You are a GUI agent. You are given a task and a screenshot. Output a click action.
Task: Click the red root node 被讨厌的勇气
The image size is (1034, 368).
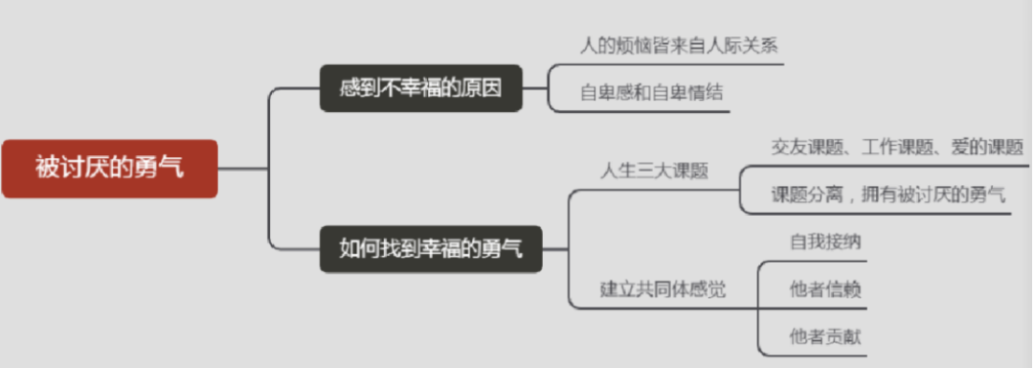click(109, 169)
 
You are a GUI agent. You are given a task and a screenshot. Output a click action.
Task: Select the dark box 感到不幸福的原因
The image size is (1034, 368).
click(422, 90)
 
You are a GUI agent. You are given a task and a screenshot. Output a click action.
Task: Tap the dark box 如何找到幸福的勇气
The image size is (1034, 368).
click(431, 247)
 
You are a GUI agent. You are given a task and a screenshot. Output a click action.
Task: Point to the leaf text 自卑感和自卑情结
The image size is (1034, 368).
click(650, 93)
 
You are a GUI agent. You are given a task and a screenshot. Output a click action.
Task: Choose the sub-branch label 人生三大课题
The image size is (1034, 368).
click(654, 172)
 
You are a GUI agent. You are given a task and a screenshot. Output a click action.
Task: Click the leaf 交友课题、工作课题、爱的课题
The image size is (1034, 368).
click(897, 147)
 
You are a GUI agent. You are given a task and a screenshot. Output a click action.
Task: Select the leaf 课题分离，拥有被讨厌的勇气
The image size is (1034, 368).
click(888, 195)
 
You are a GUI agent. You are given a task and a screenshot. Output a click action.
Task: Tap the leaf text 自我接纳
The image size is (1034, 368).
click(825, 241)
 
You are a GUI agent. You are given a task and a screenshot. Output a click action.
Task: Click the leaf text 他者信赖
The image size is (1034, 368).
click(825, 288)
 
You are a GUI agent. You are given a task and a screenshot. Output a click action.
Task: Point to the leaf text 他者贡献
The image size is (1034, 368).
click(825, 335)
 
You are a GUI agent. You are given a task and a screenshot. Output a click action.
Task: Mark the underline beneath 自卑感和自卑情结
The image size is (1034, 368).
click(651, 112)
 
